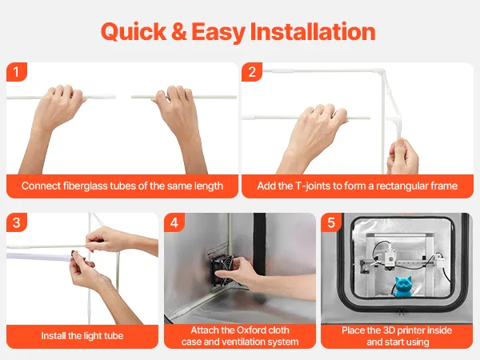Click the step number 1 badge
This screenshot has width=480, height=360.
pyautogui.click(x=17, y=72)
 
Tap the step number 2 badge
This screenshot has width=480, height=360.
pyautogui.click(x=252, y=72)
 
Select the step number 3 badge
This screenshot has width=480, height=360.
pyautogui.click(x=17, y=222)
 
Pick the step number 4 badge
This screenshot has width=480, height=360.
pyautogui.click(x=174, y=222)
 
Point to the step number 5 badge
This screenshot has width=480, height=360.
pyautogui.click(x=331, y=222)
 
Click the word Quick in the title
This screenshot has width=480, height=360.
pyautogui.click(x=134, y=32)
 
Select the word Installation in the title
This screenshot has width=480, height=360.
pyautogui.click(x=313, y=31)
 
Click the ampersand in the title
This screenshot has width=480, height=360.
pyautogui.click(x=179, y=31)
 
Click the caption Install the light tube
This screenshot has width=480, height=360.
pyautogui.click(x=82, y=336)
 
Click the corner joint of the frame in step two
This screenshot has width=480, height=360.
pyautogui.click(x=382, y=73)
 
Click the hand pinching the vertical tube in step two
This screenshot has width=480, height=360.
pyautogui.click(x=402, y=157)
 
